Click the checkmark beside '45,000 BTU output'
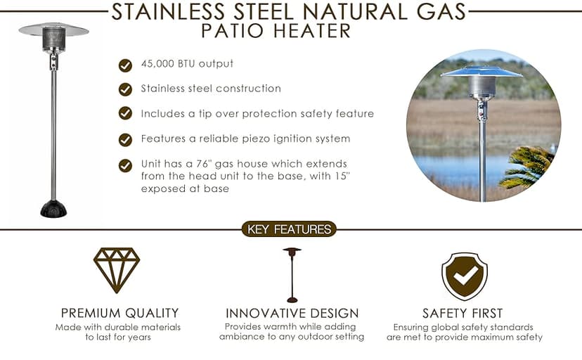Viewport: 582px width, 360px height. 125,65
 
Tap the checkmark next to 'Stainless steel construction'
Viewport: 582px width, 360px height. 125,89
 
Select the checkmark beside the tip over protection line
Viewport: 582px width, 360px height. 125,114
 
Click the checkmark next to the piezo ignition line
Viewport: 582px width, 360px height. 125,139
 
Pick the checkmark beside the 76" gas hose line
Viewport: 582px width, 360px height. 125,165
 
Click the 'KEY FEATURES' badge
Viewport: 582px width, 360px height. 289,229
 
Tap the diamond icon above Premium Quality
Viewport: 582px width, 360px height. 117,270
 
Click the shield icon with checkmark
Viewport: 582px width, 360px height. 464,276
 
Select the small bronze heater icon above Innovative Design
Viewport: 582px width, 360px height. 291,274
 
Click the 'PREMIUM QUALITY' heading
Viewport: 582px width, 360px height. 119,313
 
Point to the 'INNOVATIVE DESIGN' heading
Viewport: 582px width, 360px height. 292,313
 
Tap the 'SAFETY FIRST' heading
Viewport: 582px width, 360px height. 463,313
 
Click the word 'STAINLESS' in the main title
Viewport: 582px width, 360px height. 169,12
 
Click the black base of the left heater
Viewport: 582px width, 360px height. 53,209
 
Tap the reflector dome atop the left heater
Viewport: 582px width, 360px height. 53,30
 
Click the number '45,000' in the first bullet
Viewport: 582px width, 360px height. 159,64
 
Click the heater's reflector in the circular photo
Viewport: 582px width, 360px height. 481,71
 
